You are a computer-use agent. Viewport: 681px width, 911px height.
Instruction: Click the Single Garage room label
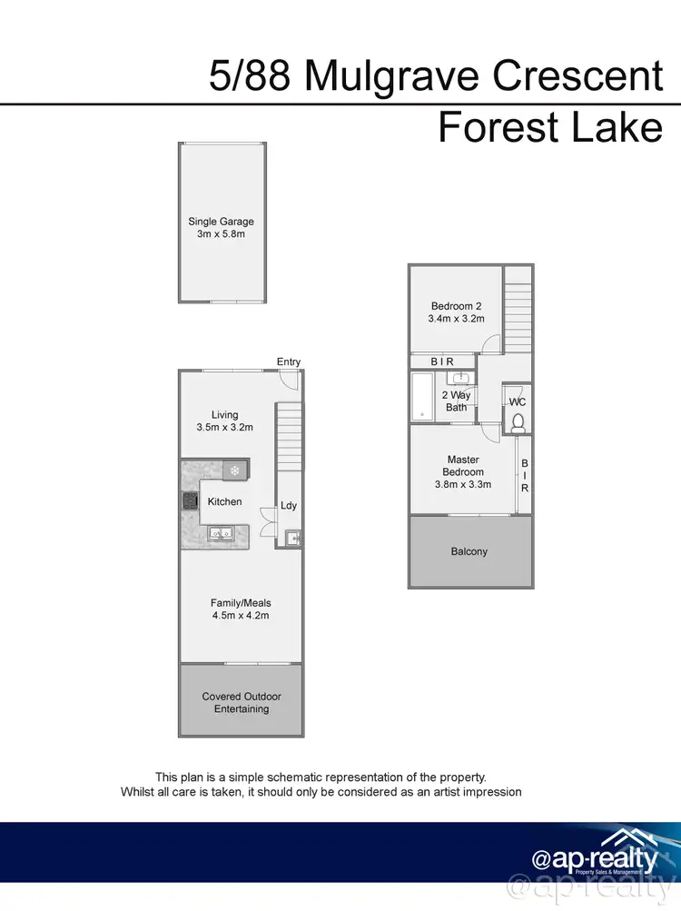point(221,222)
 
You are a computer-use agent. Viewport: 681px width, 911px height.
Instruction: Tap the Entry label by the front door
point(289,361)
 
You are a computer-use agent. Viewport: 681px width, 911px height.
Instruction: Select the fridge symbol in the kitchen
point(235,470)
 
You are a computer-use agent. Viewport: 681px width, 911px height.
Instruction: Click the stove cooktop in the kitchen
point(191,500)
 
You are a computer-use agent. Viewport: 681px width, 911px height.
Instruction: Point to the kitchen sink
point(221,535)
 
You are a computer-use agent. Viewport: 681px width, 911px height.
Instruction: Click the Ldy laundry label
point(288,505)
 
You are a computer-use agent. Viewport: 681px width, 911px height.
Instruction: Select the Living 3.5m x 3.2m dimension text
point(224,427)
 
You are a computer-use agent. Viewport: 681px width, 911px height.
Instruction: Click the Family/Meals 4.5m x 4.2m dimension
point(241,615)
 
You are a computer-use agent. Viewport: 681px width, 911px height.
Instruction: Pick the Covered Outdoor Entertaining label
point(241,702)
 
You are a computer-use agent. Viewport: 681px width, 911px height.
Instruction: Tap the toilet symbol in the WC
point(518,421)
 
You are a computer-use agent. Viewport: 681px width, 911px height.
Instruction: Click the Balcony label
point(469,551)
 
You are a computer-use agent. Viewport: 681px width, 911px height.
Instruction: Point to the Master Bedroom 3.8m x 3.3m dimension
point(464,484)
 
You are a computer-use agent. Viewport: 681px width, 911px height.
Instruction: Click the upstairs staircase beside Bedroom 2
point(518,309)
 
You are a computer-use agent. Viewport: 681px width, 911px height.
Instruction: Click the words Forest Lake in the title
point(549,127)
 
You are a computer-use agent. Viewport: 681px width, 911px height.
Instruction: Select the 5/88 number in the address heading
point(252,76)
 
